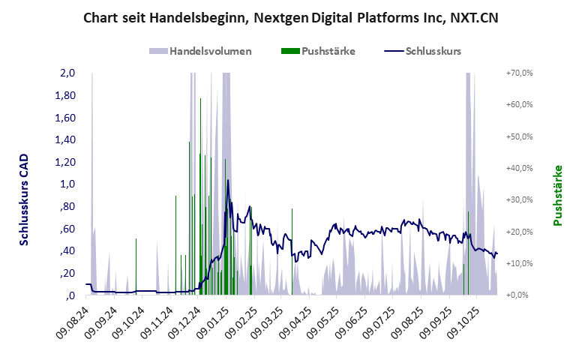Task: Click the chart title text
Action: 289,17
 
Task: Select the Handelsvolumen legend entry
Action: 210,51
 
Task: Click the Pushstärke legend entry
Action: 328,51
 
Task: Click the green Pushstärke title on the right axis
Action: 558,196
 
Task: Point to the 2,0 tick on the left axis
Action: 67,73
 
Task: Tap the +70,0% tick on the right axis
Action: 518,73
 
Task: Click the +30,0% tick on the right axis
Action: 518,200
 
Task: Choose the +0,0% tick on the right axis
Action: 520,295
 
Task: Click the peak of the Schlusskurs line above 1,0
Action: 228,181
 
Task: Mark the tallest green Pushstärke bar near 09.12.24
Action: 189,217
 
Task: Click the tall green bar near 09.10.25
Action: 468,253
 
